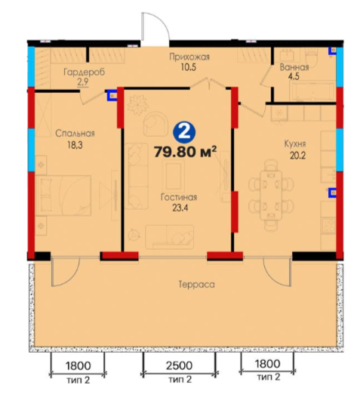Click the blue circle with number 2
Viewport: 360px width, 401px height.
coord(184,133)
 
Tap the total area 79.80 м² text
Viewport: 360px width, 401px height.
coord(185,153)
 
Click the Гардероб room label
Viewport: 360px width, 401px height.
coord(84,72)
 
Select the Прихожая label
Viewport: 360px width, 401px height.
coord(189,57)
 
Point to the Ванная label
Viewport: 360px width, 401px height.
coord(294,67)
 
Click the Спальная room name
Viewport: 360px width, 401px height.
coord(75,133)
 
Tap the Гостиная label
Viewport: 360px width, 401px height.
coord(179,197)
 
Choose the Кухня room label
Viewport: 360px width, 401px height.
coord(295,144)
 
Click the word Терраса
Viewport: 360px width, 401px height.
coord(196,285)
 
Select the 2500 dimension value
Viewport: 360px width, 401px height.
coord(179,366)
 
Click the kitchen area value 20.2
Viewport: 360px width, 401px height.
coord(297,156)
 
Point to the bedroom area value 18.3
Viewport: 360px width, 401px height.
coord(75,145)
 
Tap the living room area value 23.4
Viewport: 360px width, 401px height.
coord(180,208)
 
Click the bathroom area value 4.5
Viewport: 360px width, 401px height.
coord(294,76)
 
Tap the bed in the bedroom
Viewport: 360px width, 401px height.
coord(63,196)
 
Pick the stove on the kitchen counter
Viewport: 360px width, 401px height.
coord(328,225)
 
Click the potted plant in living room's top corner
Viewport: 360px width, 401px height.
coord(138,105)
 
